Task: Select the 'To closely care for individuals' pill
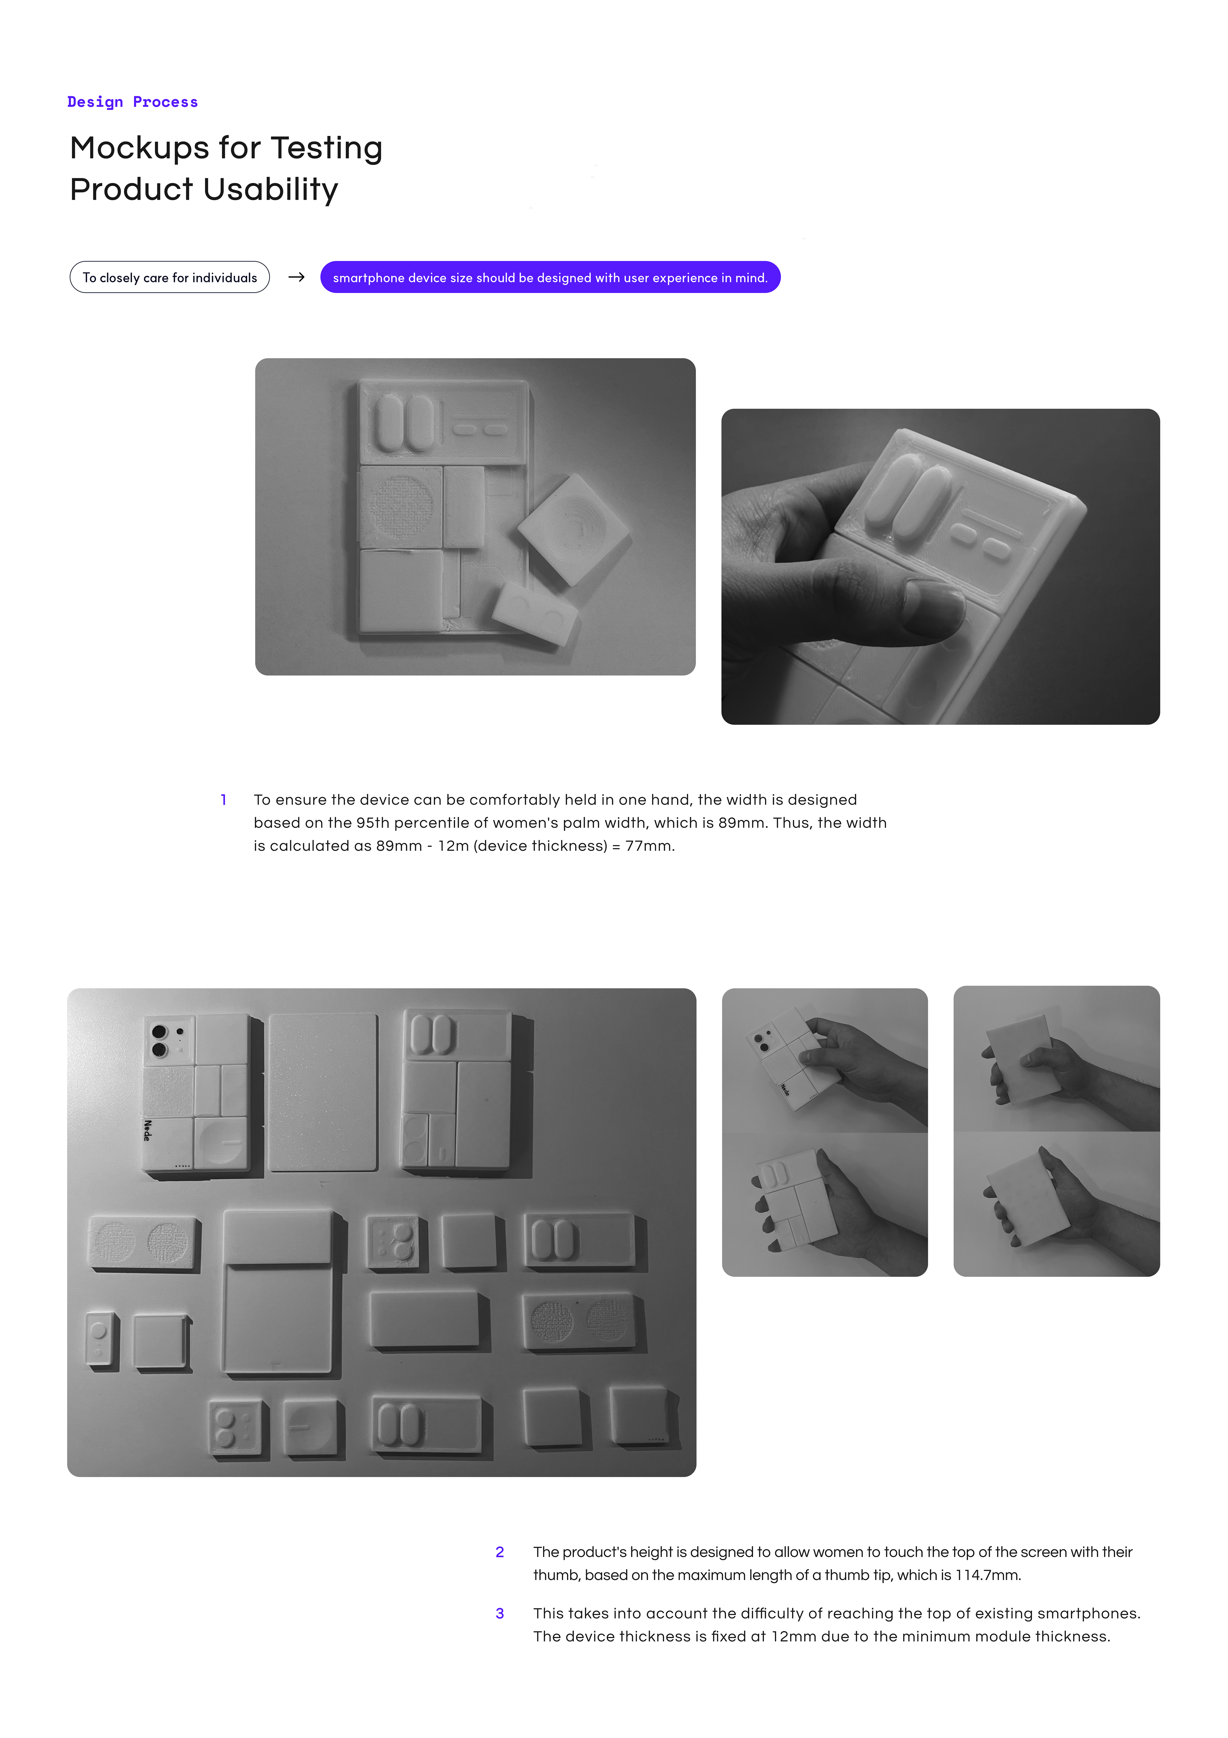(x=169, y=277)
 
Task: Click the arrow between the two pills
(x=296, y=277)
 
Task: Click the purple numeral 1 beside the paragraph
(x=223, y=799)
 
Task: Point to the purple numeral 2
(x=500, y=1552)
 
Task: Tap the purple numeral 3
(x=500, y=1613)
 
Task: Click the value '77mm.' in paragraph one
(x=649, y=846)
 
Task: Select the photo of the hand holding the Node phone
(x=824, y=1060)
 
